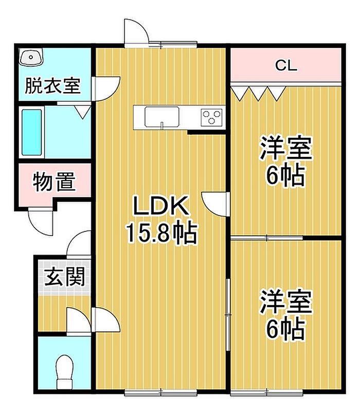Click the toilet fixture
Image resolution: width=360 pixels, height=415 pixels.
click(65, 372)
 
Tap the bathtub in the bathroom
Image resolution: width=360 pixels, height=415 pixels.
click(32, 132)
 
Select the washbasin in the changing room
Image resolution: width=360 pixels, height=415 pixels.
click(31, 57)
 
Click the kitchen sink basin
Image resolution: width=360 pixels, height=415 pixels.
click(161, 116)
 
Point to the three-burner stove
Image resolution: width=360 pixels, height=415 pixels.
click(211, 117)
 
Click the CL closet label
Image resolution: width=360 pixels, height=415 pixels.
click(286, 65)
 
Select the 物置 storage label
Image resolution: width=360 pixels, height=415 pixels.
click(55, 182)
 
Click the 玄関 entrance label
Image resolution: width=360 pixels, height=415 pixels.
click(65, 277)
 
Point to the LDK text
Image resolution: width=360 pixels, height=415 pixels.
click(161, 206)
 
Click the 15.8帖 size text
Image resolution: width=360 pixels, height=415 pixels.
click(161, 233)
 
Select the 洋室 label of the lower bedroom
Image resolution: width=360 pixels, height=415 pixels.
click(286, 301)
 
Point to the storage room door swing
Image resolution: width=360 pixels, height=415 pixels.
click(41, 222)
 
